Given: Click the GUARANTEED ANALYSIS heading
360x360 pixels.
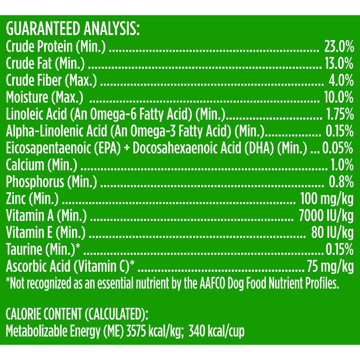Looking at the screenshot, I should [73, 30].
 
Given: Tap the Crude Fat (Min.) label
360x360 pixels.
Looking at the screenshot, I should [45, 63].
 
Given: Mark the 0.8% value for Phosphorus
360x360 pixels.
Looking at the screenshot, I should [341, 181].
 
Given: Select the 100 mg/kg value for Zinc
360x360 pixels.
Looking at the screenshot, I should [323, 198].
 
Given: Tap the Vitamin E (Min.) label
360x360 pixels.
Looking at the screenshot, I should [45, 232].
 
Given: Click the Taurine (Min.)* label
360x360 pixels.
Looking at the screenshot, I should [43, 249].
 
